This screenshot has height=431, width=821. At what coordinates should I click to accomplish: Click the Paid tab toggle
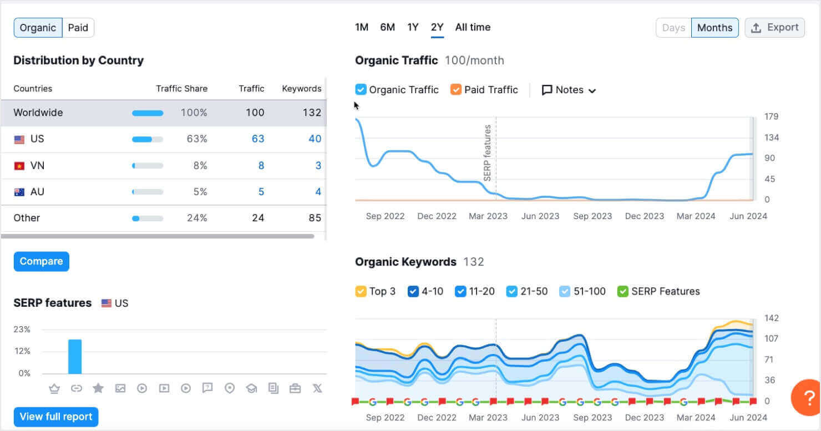tap(78, 28)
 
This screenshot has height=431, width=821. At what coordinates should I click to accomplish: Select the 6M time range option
tap(387, 27)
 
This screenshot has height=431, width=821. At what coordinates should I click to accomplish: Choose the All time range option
tap(473, 27)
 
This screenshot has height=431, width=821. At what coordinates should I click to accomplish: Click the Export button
tap(774, 28)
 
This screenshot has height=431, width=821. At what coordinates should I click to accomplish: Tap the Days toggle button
tap(673, 28)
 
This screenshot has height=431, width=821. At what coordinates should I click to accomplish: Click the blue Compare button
tap(42, 261)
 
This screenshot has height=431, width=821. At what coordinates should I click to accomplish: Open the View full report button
tap(56, 417)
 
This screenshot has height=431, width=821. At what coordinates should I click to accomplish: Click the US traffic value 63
tap(258, 139)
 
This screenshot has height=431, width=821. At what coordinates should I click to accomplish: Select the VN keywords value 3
tap(318, 165)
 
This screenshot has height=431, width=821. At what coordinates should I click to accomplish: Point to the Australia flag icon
tap(19, 192)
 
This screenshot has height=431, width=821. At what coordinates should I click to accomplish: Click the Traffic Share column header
tap(181, 89)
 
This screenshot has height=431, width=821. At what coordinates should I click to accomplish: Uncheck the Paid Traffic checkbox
tap(456, 90)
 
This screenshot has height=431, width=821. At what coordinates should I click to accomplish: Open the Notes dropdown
tap(569, 90)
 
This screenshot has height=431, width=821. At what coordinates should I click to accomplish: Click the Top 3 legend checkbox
tap(361, 291)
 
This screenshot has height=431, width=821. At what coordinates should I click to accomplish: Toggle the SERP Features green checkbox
tap(623, 291)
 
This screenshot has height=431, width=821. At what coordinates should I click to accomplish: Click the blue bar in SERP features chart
tap(75, 357)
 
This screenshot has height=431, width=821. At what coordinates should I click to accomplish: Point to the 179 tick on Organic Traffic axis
tap(771, 116)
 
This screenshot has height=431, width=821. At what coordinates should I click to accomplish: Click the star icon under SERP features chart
tap(98, 388)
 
